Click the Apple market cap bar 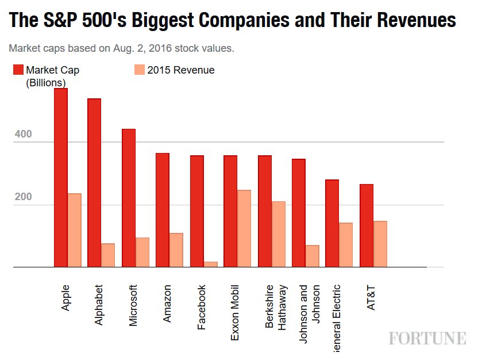[x=61, y=178]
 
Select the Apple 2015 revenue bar [x=75, y=231]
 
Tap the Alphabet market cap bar [x=94, y=183]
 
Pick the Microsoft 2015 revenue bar [x=142, y=252]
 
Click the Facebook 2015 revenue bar [x=210, y=265]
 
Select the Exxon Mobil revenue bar [x=244, y=229]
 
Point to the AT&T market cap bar [x=367, y=226]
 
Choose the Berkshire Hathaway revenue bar [x=278, y=235]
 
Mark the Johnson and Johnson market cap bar [x=299, y=213]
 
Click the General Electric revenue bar [x=346, y=245]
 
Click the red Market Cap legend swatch [x=18, y=70]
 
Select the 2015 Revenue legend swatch [x=139, y=70]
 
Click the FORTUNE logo [x=427, y=338]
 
